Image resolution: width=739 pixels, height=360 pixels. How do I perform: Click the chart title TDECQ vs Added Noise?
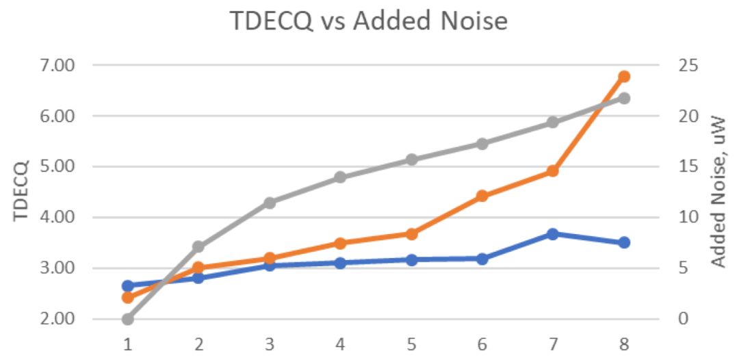pyautogui.click(x=369, y=21)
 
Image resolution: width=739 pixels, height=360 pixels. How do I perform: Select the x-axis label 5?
pyautogui.click(x=411, y=343)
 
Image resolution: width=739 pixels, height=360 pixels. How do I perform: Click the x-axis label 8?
pyautogui.click(x=624, y=343)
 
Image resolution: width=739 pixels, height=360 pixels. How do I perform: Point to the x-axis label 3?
pyautogui.click(x=270, y=343)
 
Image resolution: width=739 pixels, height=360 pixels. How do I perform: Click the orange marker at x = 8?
pyautogui.click(x=624, y=77)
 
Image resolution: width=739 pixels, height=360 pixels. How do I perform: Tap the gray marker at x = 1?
pyautogui.click(x=128, y=319)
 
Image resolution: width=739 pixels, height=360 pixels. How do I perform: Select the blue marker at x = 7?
pyautogui.click(x=553, y=234)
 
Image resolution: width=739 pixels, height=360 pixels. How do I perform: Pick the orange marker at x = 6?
pyautogui.click(x=482, y=196)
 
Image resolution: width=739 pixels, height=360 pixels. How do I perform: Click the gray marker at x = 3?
pyautogui.click(x=270, y=203)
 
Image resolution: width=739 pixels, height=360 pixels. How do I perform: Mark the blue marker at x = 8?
pyautogui.click(x=624, y=243)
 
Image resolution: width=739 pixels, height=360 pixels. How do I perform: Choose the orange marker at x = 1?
pyautogui.click(x=128, y=298)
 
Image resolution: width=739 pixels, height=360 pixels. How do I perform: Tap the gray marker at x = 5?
pyautogui.click(x=411, y=160)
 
